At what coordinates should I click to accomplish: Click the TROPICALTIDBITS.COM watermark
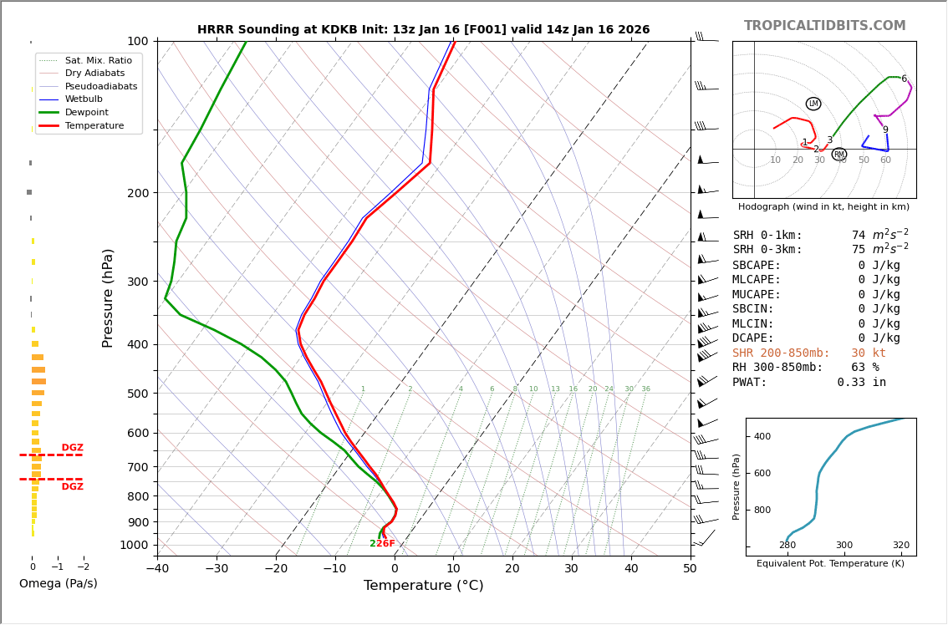tap(824, 26)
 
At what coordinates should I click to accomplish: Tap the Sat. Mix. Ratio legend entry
tap(98, 61)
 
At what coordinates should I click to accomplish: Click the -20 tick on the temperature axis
tap(276, 569)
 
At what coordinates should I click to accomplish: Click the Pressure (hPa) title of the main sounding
tap(108, 297)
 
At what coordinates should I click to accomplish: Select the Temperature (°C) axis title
tap(423, 586)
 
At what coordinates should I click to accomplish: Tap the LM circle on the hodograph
tap(813, 104)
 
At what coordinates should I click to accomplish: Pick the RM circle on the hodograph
tap(839, 155)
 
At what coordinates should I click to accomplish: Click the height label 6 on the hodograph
tap(904, 79)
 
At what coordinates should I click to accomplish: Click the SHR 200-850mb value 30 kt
tap(869, 353)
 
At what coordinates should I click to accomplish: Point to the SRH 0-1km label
tap(767, 236)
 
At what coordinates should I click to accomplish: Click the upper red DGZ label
tap(72, 448)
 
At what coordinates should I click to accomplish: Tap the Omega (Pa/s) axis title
tap(59, 584)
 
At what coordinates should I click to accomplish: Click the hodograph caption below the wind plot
tap(823, 207)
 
